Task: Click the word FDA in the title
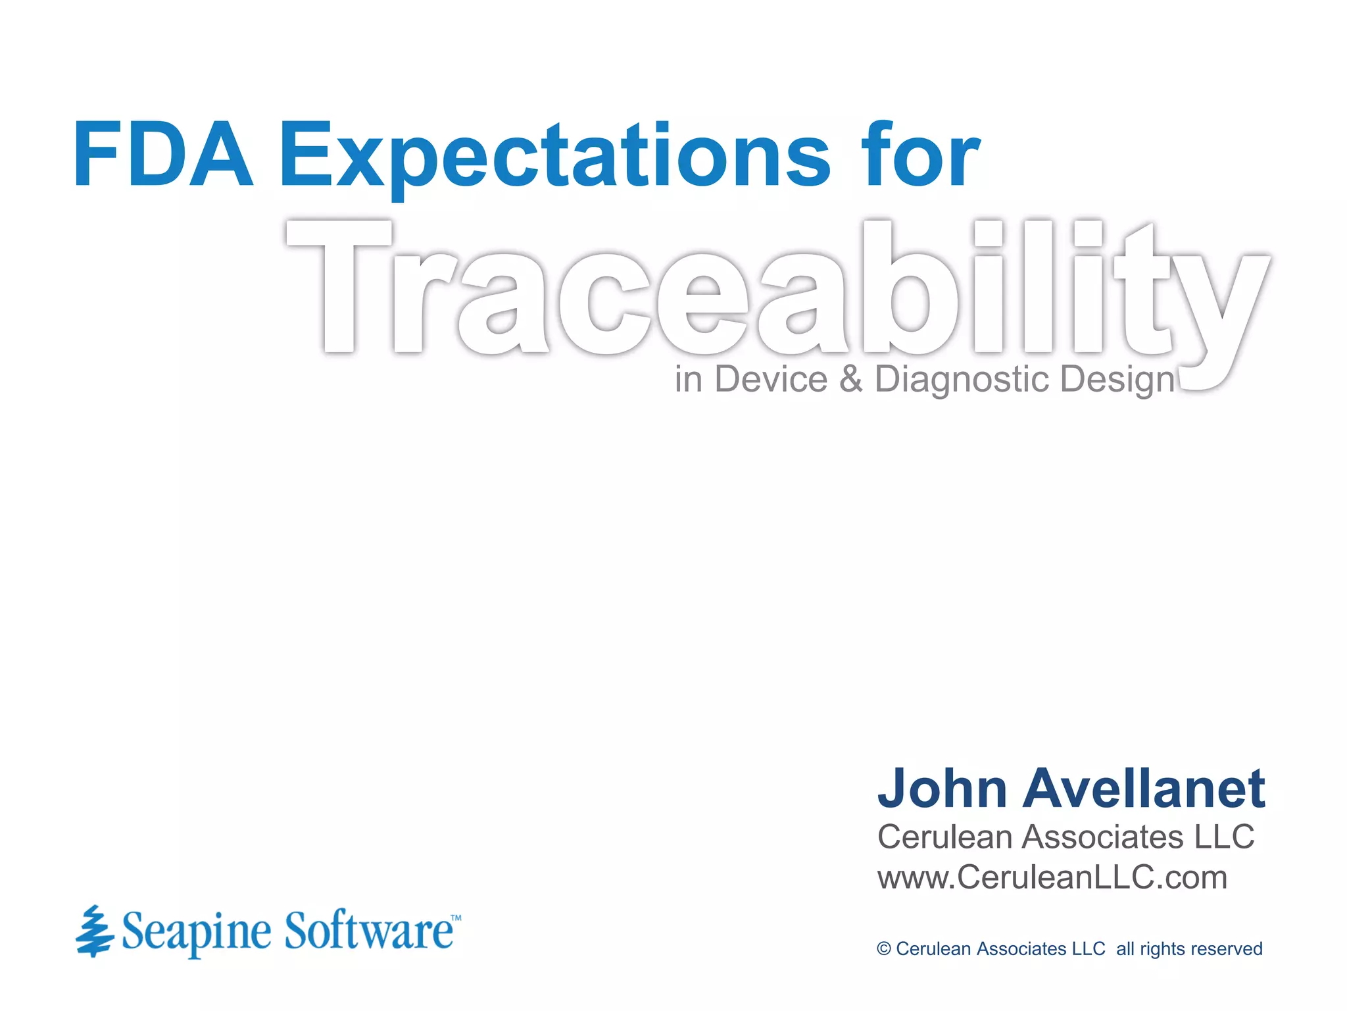(163, 156)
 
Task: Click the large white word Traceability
(776, 290)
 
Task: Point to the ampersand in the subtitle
(850, 379)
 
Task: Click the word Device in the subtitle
(770, 379)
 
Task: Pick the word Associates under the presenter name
(1103, 837)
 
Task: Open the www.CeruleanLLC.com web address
(1052, 878)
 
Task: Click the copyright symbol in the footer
(883, 949)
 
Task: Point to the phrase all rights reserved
(1189, 949)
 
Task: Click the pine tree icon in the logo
(94, 931)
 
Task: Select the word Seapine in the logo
(196, 932)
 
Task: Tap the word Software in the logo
(368, 931)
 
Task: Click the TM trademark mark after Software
(455, 918)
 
